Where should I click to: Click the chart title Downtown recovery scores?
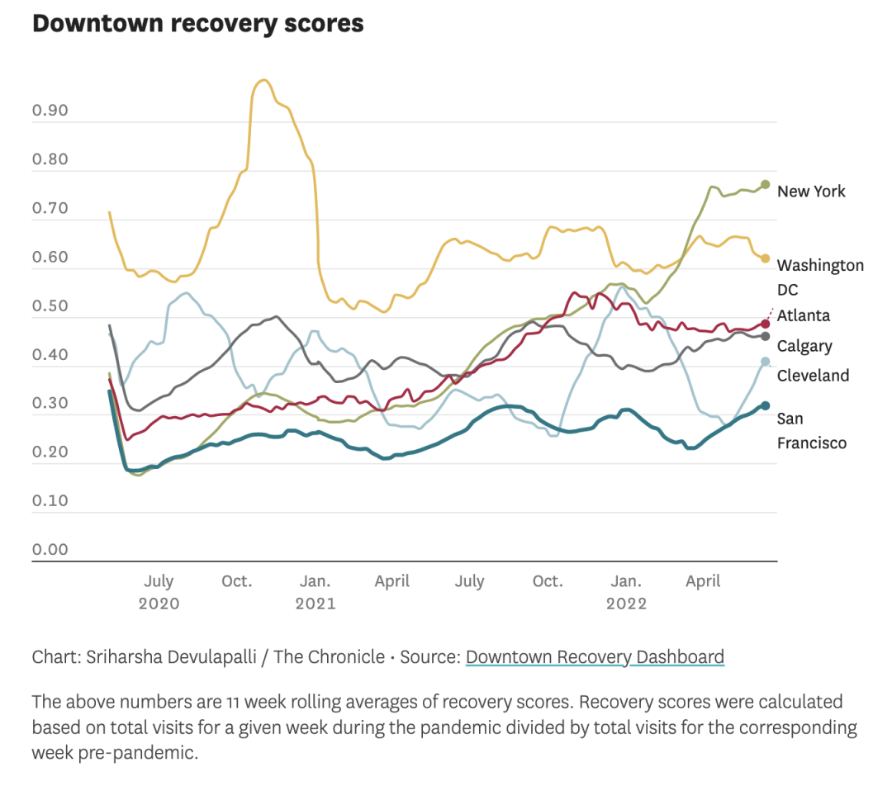coord(197,23)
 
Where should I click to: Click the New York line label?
coord(811,192)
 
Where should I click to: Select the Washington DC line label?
coord(820,277)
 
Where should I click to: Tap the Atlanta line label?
coord(804,315)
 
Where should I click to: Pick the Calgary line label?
coord(804,346)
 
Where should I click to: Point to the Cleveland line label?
coord(813,376)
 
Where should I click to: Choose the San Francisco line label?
coord(811,431)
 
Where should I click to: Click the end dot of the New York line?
coord(766,184)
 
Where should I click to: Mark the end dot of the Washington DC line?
coord(766,258)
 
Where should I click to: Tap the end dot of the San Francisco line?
coord(766,405)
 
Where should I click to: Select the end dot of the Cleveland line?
coord(766,362)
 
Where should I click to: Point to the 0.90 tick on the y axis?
coord(50,111)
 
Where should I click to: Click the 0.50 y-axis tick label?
coord(50,306)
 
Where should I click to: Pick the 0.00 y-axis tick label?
coord(50,550)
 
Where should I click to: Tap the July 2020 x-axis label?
coord(159,592)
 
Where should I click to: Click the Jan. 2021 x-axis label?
coord(316,592)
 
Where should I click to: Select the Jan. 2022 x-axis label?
coord(626,592)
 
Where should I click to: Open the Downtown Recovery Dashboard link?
coord(595,657)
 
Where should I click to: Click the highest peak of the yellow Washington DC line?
coord(263,80)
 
